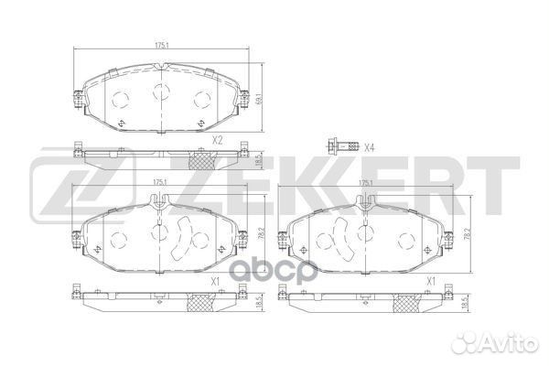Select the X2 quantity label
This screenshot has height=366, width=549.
217,140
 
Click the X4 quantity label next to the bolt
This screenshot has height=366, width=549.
370,147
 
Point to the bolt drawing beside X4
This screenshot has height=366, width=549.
337,146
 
